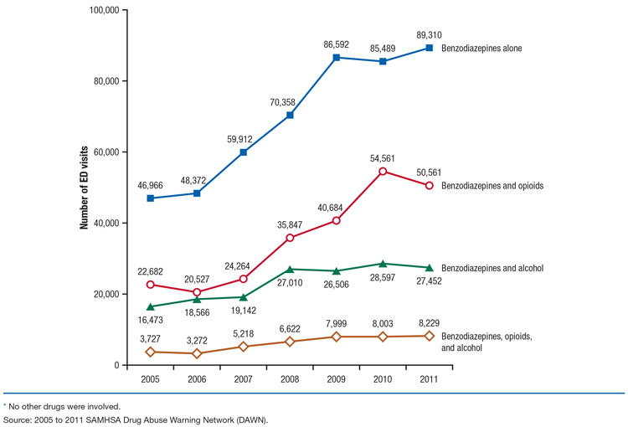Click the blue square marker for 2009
337,58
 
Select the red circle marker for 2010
383,172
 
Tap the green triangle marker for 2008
290,269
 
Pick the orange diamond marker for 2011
430,336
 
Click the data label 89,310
429,34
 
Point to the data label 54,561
383,157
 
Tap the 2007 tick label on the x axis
243,379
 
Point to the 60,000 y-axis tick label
102,152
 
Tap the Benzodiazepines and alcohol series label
495,268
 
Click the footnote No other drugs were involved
58,405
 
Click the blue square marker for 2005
150,198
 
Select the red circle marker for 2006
197,292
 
